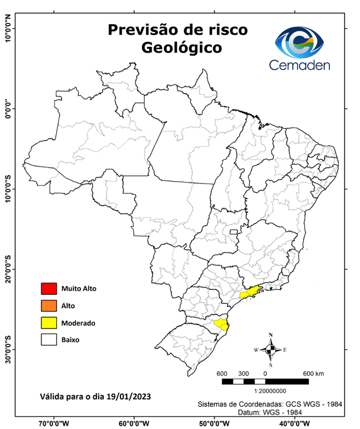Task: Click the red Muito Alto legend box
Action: [x=49, y=289]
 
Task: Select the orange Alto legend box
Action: [x=49, y=306]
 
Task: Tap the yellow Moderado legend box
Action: [x=49, y=323]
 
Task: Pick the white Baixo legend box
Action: [x=49, y=340]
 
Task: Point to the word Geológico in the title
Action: [x=181, y=48]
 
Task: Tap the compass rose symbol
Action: [x=271, y=350]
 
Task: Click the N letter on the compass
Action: [x=271, y=335]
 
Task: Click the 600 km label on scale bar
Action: [x=313, y=373]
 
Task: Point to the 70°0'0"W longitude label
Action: [x=54, y=423]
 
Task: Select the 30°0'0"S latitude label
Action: [x=8, y=350]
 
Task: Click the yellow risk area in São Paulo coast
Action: [x=251, y=292]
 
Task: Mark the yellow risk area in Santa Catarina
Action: [x=222, y=324]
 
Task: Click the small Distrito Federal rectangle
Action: [x=233, y=231]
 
